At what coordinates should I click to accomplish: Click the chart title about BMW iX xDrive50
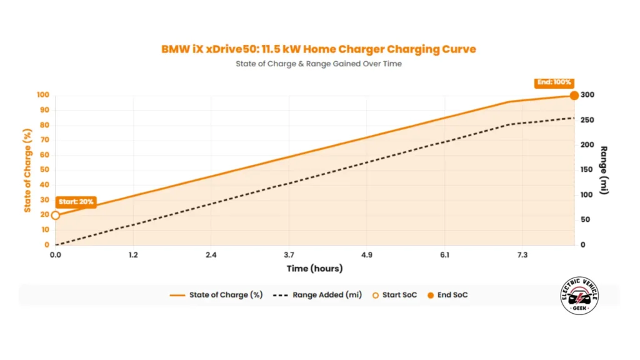[319, 49]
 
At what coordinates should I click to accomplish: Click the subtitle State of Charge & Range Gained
[319, 64]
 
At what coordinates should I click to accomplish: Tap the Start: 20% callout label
[76, 202]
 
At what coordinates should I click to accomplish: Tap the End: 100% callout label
[554, 82]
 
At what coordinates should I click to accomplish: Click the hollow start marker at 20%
[56, 215]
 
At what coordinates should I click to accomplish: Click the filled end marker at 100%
[574, 95]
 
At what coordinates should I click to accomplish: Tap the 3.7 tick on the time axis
[289, 255]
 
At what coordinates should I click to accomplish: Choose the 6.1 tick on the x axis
[444, 255]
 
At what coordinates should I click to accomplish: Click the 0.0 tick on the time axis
[56, 255]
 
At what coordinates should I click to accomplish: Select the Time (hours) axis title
[314, 269]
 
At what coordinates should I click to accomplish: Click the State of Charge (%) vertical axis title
[28, 170]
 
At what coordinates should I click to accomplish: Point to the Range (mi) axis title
[604, 170]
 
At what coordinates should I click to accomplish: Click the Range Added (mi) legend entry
[318, 295]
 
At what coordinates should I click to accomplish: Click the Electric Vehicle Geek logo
[580, 296]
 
